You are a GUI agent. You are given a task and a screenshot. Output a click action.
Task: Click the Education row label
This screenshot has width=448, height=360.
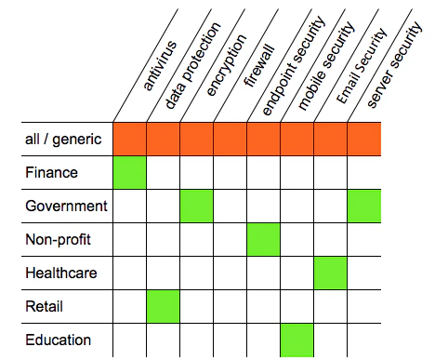click(x=58, y=340)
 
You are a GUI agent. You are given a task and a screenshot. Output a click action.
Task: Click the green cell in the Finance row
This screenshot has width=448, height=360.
click(x=130, y=173)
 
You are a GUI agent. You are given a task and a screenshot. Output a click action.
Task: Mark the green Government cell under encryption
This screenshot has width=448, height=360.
click(x=197, y=207)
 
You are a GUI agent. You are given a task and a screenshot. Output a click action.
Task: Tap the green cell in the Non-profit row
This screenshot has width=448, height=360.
click(x=264, y=240)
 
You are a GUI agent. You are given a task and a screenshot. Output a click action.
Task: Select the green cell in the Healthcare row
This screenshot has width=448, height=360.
click(x=331, y=273)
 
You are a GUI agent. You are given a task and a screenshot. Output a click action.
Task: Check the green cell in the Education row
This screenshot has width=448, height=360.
click(x=297, y=340)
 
